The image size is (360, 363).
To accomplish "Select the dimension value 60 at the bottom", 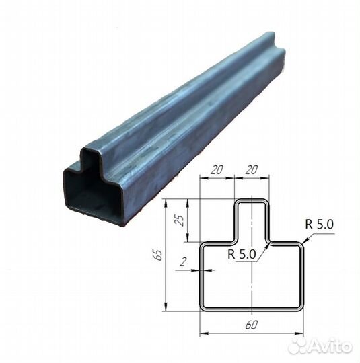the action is (251, 325).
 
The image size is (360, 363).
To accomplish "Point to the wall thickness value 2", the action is (183, 262).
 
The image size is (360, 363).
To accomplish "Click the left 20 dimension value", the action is (217, 169).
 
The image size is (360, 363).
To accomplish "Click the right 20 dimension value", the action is (251, 169).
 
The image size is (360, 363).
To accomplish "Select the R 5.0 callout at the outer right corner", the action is (320, 224).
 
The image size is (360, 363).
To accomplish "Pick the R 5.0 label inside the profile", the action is (242, 254).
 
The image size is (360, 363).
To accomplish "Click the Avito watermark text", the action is (330, 346).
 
